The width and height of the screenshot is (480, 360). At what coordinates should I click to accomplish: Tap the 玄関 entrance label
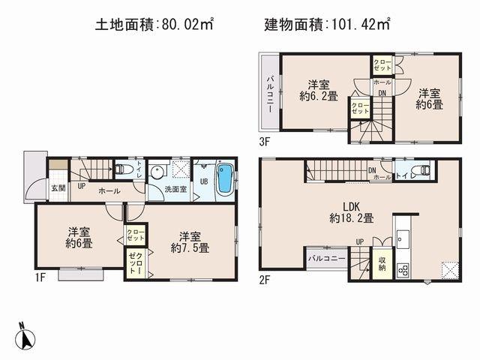(58, 187)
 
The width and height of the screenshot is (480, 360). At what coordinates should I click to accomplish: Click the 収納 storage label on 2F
(381, 263)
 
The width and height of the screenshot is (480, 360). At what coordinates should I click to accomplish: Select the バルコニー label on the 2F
(325, 259)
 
